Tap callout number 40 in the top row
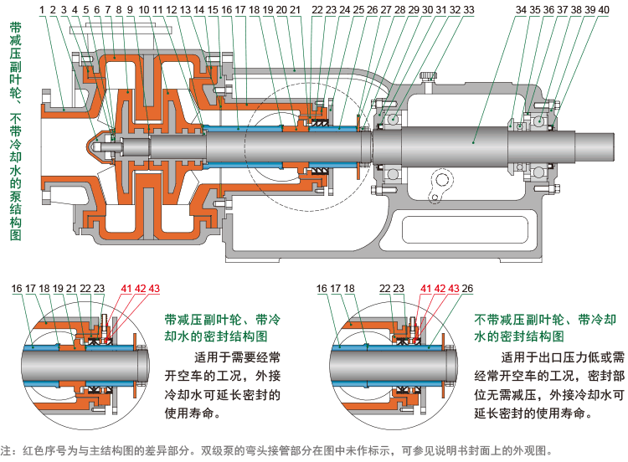pos(604,10)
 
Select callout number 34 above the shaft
pos(521,10)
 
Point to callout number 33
pos(469,10)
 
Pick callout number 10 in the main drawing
pos(144,10)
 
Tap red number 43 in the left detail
pos(154,289)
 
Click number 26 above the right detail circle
pos(467,289)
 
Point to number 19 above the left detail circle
pos(59,289)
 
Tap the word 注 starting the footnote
pos(7,449)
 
